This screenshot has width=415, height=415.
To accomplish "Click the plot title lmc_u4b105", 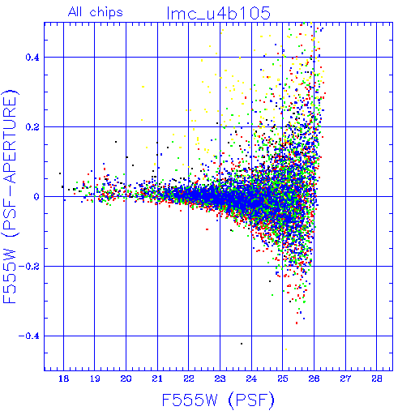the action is pos(219,14).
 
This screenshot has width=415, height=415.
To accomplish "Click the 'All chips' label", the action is pos(96,12).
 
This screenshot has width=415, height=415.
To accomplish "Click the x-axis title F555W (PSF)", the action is pos(218,400).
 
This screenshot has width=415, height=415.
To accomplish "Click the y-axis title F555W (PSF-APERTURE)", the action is pos(10,196).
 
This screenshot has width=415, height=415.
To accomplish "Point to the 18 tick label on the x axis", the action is pos(64,379).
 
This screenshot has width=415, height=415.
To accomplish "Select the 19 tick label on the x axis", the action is pos(95,379).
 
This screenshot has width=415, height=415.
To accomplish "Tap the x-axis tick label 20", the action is pos(126,379).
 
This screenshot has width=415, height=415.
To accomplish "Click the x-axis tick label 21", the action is pos(157,379).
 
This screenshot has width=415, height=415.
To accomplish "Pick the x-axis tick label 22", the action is pos(189,379).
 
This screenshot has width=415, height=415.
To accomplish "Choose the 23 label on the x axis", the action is pos(220,379).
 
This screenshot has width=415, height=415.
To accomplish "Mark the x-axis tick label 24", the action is pos(251,379).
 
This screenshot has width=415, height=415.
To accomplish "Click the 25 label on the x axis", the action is pos(283,379).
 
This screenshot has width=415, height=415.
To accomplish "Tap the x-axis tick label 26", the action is pos(314,379).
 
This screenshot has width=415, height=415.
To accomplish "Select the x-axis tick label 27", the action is pos(345,379).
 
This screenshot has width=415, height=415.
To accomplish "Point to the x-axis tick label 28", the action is pos(377,379).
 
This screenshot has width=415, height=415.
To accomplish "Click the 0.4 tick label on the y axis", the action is pos(32,58).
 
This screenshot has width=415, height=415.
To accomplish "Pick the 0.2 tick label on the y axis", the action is pos(32,127).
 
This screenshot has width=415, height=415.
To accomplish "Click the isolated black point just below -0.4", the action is pos(242,344).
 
